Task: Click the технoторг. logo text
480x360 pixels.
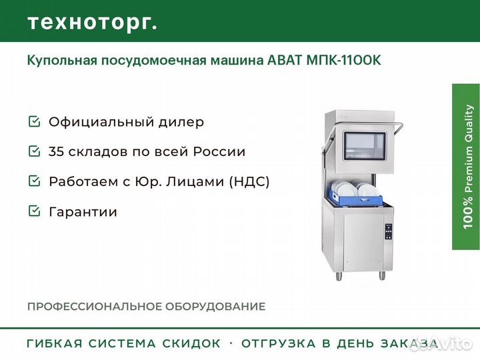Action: tap(93, 23)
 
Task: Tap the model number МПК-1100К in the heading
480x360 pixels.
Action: tap(344, 60)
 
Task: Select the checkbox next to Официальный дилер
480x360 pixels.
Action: tap(34, 121)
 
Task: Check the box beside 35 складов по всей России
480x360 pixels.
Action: tap(34, 151)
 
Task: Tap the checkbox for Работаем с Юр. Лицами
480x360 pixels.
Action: tap(34, 181)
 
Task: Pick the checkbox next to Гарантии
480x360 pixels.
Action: tap(34, 211)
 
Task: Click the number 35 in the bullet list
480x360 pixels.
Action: tap(56, 151)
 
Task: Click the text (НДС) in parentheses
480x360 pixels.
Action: tap(249, 181)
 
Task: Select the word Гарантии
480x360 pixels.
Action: tap(83, 212)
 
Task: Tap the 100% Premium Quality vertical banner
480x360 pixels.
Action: tap(466, 167)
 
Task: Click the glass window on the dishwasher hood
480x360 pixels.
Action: tap(364, 146)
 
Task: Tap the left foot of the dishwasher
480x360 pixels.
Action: tap(339, 276)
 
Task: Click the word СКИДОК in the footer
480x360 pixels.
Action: tap(191, 343)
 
